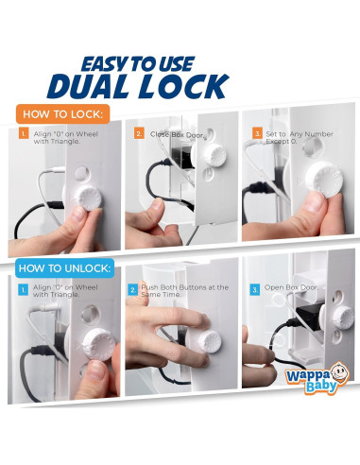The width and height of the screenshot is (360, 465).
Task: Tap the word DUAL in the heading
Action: coord(88,86)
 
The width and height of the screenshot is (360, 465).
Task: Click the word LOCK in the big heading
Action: coord(184,86)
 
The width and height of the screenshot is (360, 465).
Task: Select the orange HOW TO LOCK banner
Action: coord(63,113)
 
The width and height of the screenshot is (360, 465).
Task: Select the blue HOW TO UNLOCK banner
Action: coord(65,268)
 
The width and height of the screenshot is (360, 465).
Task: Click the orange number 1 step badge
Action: coord(24,133)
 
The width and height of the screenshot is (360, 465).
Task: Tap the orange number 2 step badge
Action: coord(139,133)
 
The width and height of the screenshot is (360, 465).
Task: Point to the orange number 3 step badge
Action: coord(257,133)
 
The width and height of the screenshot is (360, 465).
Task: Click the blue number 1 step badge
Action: coord(23,289)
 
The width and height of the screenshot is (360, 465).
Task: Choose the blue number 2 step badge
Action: coord(132,289)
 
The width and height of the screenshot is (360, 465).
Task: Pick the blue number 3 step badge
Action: coord(254,289)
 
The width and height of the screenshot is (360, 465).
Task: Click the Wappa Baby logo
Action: coord(317,378)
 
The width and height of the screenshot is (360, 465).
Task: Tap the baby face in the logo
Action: coord(340,372)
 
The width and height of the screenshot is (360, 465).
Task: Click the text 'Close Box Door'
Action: coord(177,134)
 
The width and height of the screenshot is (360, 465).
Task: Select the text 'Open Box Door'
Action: coord(291,287)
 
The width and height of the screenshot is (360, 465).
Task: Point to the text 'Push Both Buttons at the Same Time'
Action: coord(184,291)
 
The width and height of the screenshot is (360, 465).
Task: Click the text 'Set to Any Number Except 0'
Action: coord(300,138)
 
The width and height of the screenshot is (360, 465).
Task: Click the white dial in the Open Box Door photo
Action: coord(343,318)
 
